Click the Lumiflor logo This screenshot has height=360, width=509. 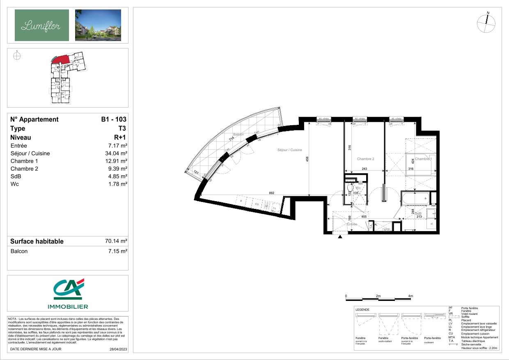(x=41, y=25)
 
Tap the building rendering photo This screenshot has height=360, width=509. (x=98, y=25)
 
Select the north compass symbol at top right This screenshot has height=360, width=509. (x=486, y=23)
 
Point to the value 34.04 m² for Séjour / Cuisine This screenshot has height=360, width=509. (x=117, y=154)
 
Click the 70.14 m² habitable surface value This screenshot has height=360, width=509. (x=116, y=241)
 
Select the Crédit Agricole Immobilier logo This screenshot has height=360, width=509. (x=68, y=294)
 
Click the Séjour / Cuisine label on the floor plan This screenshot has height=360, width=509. (x=290, y=150)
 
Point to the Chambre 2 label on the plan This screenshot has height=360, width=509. (x=365, y=159)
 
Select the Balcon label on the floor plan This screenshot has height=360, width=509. (x=238, y=135)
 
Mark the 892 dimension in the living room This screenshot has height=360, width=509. (x=271, y=193)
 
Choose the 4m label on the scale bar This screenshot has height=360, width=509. (x=410, y=296)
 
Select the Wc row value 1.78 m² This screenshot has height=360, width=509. (x=119, y=184)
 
